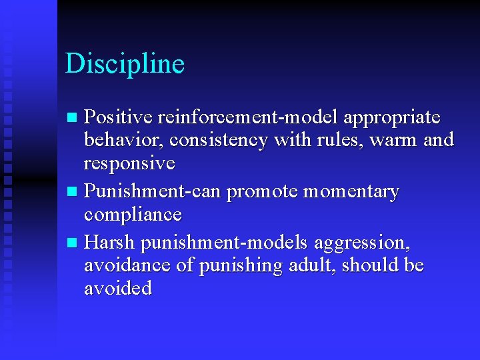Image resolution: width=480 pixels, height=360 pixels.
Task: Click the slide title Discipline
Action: click(125, 64)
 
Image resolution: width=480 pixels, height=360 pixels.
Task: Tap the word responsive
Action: click(129, 164)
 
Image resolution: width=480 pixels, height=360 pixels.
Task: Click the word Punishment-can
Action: click(153, 192)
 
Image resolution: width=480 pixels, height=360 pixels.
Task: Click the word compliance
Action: click(133, 215)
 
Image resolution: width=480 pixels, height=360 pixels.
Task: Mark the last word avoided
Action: click(118, 288)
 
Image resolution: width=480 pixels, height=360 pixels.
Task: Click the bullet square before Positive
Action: click(73, 119)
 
